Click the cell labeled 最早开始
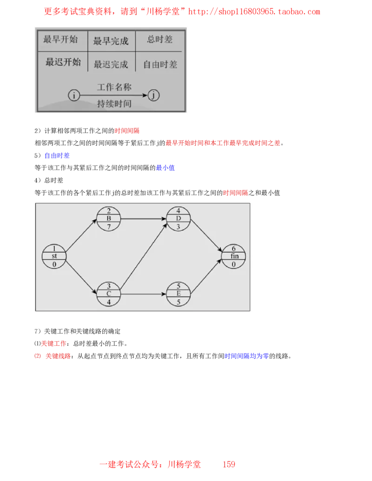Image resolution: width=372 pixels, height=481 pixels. [x=60, y=40]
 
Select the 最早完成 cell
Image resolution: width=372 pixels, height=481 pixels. [x=111, y=41]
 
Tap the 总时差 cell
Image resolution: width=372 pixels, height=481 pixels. [x=159, y=40]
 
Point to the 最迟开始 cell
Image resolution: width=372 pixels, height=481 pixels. [x=63, y=62]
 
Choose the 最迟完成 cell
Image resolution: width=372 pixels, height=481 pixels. [x=111, y=64]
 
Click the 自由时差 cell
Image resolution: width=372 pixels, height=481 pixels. [x=160, y=65]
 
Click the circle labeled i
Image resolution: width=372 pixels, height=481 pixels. [x=74, y=95]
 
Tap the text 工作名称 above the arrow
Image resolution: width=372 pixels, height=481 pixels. [x=114, y=87]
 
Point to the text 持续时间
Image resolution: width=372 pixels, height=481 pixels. [x=114, y=104]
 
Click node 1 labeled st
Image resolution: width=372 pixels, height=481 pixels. [x=54, y=256]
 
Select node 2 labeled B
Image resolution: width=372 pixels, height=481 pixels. [x=109, y=218]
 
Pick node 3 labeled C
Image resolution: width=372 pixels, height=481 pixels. [x=109, y=294]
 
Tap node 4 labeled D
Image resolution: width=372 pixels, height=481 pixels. [x=179, y=218]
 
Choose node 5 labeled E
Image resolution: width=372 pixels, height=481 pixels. [x=179, y=294]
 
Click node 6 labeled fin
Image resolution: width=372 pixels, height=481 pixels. [x=233, y=256]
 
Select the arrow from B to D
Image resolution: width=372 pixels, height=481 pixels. [x=144, y=218]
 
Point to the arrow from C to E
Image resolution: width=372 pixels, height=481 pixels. [x=144, y=294]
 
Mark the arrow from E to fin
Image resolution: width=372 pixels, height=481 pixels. [x=207, y=276]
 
